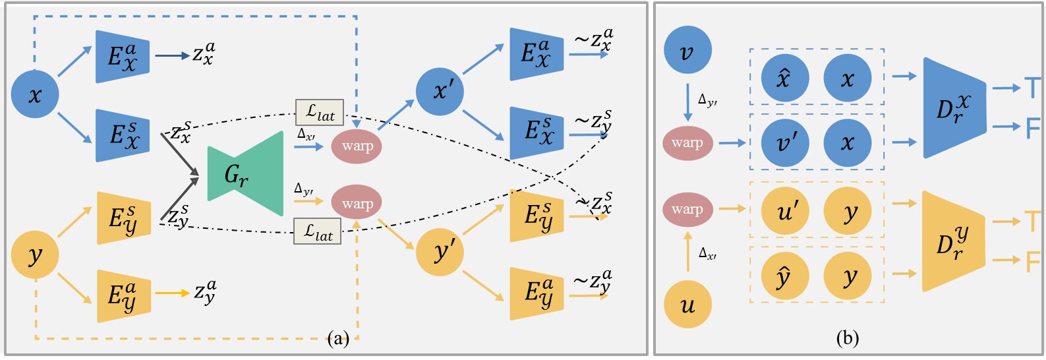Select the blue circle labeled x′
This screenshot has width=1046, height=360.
[440, 91]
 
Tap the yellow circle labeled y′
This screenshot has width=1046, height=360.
[440, 252]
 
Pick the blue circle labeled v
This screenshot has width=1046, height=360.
[687, 50]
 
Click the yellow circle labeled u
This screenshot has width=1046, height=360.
[687, 304]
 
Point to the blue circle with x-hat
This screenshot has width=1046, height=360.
[784, 78]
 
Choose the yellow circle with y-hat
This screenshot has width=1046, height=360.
[784, 276]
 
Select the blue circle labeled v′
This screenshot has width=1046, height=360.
[784, 142]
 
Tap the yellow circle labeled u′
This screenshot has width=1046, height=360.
[784, 211]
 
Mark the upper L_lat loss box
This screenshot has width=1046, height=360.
[320, 113]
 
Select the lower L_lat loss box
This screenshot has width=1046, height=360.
[318, 231]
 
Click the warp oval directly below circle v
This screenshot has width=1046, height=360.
[687, 142]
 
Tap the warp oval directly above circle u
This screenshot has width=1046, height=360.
[687, 209]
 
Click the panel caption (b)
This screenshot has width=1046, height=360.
[847, 339]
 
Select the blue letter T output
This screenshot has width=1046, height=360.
[1031, 88]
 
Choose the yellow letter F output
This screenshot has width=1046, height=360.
[1032, 261]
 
